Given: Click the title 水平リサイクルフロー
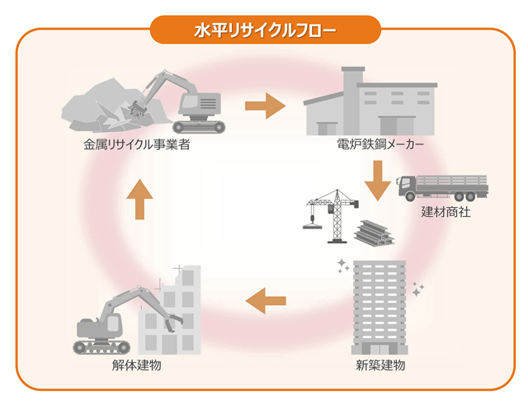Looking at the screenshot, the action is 265,31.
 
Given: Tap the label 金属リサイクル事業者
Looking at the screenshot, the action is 137,144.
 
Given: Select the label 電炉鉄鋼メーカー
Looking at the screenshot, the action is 380,144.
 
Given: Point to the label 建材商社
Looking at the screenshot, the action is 445,212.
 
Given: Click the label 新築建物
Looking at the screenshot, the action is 380,365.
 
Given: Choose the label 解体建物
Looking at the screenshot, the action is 137,365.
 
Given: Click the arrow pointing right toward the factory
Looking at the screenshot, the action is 266,106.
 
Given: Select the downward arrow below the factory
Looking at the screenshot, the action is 378,181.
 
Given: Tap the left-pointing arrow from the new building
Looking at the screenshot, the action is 266,300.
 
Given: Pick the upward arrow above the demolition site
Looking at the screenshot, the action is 139,200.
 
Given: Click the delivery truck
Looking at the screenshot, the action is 443,188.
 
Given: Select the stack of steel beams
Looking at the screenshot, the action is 375,233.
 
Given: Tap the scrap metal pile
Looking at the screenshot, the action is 116,106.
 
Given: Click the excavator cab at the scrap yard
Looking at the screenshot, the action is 200,104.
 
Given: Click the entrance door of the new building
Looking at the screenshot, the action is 379,349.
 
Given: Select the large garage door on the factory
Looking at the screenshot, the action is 397,125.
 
